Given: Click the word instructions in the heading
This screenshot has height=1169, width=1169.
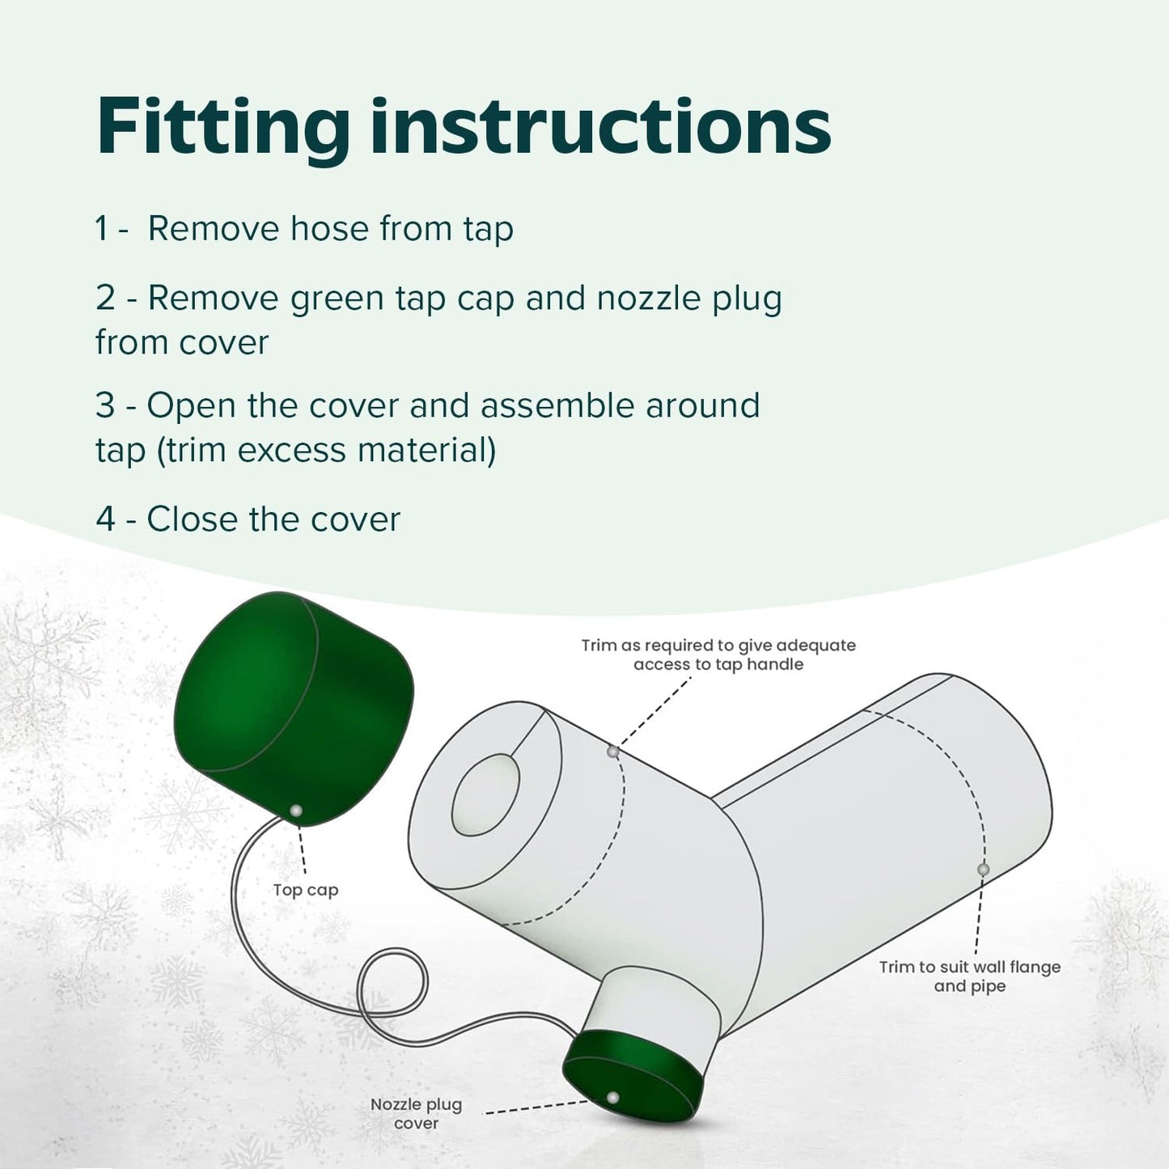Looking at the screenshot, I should (x=600, y=128).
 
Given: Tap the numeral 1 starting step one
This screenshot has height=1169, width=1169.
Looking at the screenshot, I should (x=101, y=229).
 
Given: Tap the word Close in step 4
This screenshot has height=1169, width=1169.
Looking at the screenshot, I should (x=193, y=519).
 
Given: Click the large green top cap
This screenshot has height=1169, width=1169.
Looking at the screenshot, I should (x=291, y=704).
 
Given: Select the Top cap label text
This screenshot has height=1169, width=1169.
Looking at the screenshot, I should (x=305, y=890).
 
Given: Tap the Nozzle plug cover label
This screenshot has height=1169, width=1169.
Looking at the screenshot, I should (x=416, y=1114).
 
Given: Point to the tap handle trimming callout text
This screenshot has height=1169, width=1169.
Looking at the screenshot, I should (x=718, y=654).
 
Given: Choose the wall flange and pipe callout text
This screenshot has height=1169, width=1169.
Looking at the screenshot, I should (x=969, y=976).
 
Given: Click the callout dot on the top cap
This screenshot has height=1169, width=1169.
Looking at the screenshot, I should (x=296, y=811).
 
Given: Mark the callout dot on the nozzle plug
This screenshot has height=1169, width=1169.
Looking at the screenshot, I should (x=613, y=1098).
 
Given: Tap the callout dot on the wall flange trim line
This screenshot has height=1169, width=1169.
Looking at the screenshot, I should (x=983, y=870).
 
